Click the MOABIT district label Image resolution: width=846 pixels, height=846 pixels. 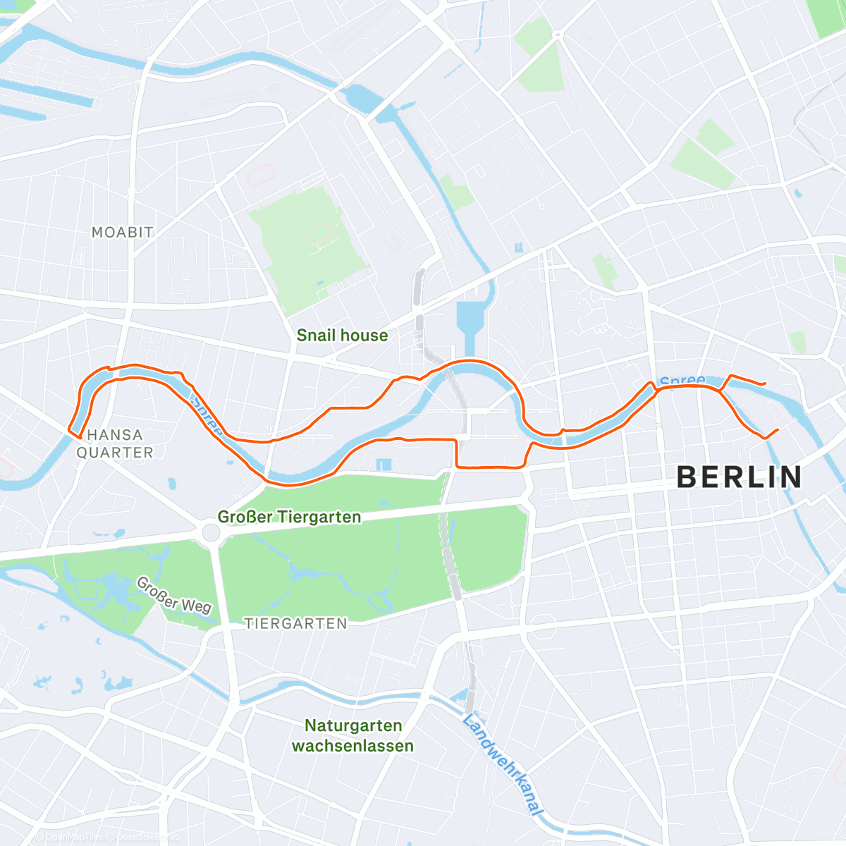(122, 232)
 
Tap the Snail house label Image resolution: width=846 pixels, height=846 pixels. (342, 336)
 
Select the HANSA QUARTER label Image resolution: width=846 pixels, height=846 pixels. (114, 443)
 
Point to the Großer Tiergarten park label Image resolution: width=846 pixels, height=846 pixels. (289, 517)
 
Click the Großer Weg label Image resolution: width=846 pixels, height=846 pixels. (173, 596)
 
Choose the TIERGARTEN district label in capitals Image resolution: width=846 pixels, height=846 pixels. (295, 623)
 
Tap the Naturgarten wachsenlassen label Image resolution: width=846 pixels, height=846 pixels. (352, 735)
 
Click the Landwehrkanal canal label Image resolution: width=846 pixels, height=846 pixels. (503, 765)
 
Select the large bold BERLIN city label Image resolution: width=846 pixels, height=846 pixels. (740, 477)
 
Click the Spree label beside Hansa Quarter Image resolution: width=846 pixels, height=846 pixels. (207, 417)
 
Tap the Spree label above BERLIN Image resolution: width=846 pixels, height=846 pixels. (682, 381)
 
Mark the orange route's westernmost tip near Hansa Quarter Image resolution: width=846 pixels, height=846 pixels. (69, 429)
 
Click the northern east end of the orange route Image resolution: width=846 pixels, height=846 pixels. (765, 383)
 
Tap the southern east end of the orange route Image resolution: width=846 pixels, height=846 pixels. (778, 429)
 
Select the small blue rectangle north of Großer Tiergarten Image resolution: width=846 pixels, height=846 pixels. (383, 465)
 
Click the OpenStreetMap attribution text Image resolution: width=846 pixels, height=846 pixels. (144, 837)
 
